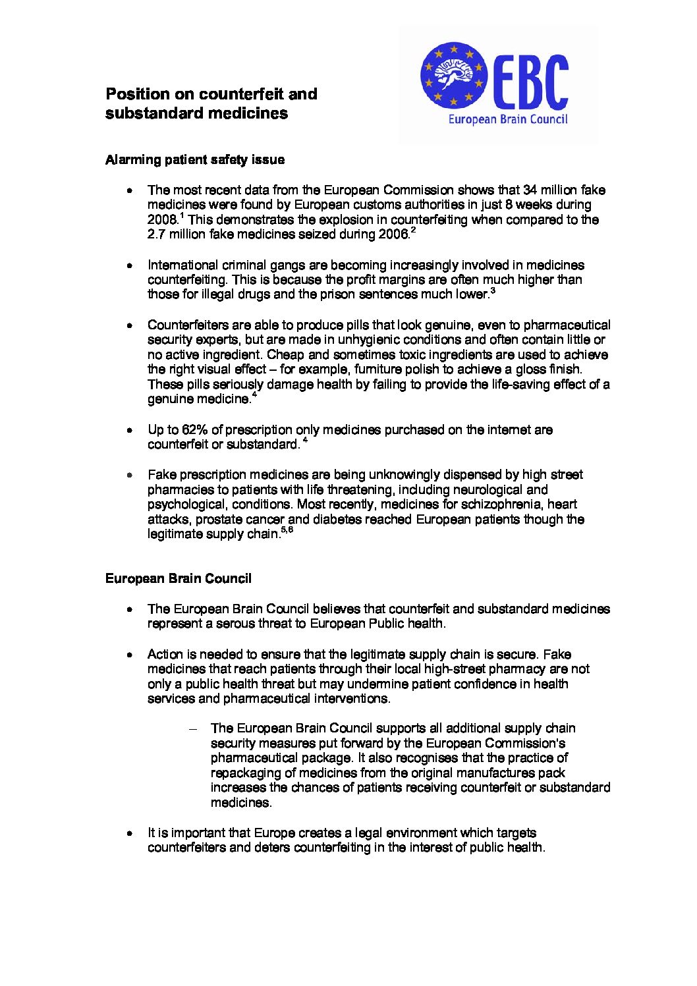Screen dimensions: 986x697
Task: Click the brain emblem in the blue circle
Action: pos(453,75)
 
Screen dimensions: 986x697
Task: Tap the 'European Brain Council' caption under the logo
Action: pos(507,120)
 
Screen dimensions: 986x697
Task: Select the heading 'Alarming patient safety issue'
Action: pos(195,159)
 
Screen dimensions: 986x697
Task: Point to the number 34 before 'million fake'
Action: pos(530,190)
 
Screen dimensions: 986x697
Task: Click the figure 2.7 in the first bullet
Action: pos(157,234)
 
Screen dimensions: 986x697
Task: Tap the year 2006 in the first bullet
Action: pos(393,234)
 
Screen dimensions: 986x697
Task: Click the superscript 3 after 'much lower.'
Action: pos(493,290)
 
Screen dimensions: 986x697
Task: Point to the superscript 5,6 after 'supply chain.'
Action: pos(287,530)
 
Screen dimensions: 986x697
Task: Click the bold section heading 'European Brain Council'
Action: pos(178,578)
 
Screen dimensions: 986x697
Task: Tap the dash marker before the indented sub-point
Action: pos(193,728)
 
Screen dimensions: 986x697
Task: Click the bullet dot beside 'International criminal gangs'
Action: pos(131,265)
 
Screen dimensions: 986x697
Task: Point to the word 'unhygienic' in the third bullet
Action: pos(360,340)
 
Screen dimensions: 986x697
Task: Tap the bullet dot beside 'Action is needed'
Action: pos(131,655)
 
